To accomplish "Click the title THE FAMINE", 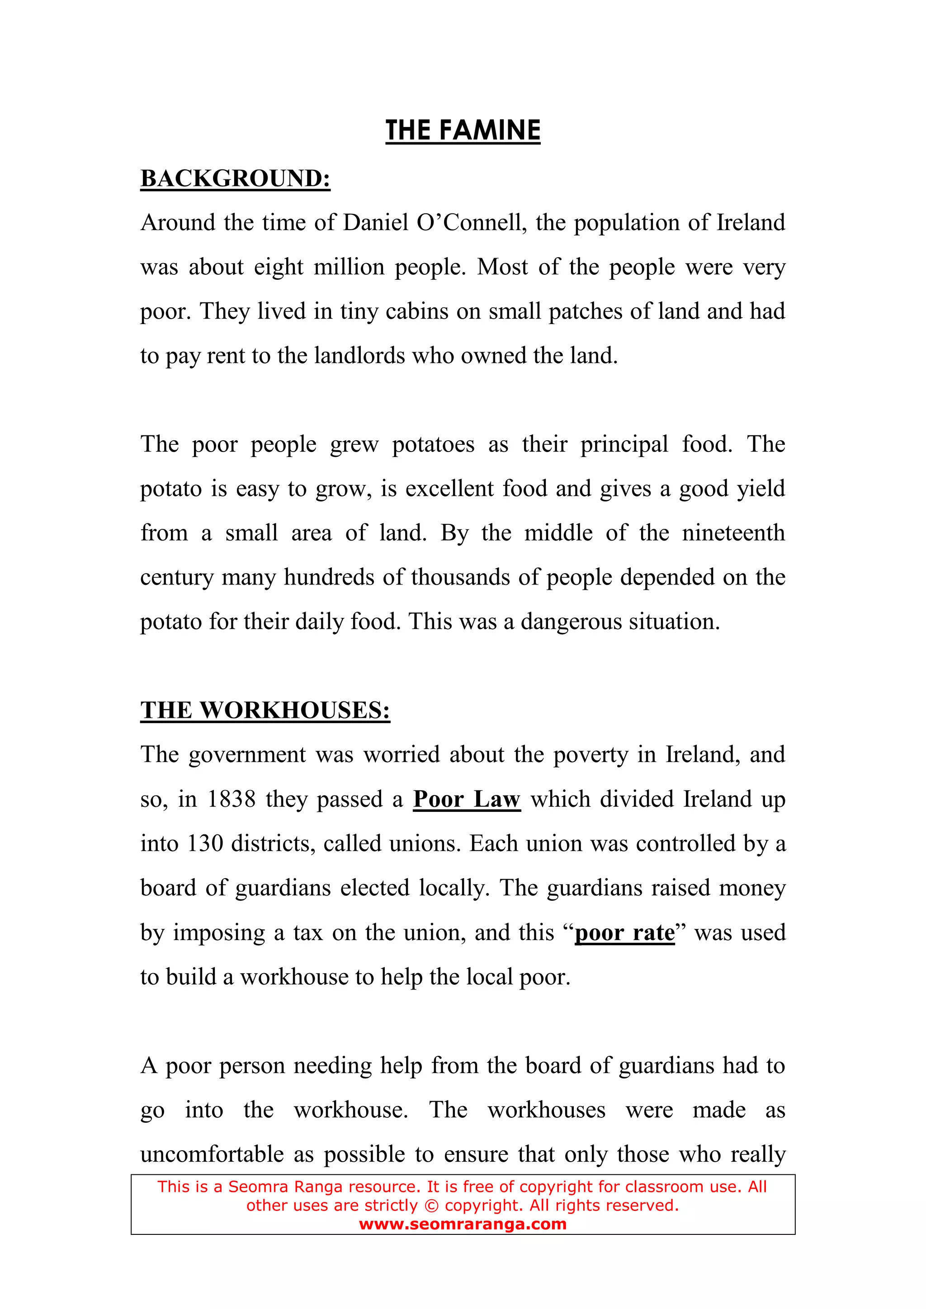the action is click(x=463, y=131).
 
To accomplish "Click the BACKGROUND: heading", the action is click(x=235, y=179).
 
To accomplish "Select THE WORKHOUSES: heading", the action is click(x=265, y=711).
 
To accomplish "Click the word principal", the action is click(x=624, y=444).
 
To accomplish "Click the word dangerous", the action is click(x=571, y=622).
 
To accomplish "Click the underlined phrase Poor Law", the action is click(x=467, y=799).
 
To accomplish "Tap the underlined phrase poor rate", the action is click(x=624, y=933).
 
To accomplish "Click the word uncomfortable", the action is click(x=212, y=1154).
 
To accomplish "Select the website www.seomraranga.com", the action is click(x=463, y=1224).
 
